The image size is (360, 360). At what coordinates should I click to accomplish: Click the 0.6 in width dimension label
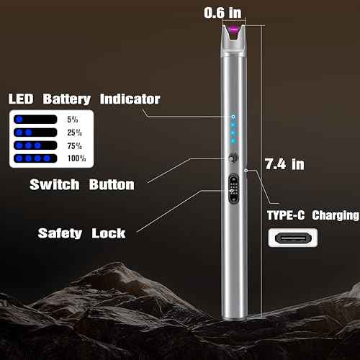click(223, 12)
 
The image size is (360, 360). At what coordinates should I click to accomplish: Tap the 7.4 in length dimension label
click(284, 164)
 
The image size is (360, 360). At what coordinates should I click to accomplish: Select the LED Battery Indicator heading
click(84, 99)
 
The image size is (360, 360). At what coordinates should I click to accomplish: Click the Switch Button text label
click(81, 184)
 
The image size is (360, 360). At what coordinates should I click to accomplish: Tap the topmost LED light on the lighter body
click(233, 116)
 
